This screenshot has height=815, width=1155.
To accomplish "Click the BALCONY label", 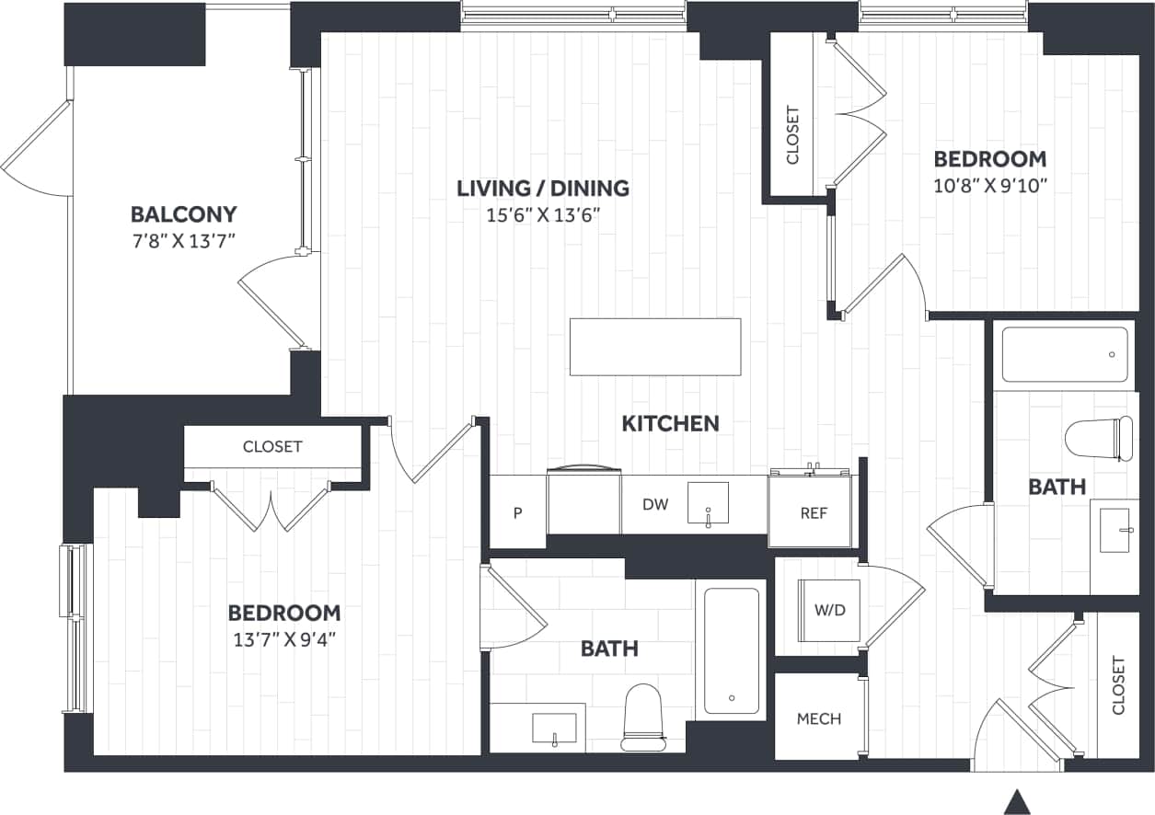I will point(184,214).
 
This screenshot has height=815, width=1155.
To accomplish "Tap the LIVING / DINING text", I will point(543,189).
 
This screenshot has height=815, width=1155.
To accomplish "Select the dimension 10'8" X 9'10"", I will point(990,185).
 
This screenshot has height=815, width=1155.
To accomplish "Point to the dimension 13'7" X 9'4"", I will point(284,639).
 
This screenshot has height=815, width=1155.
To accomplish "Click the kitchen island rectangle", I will point(655,347).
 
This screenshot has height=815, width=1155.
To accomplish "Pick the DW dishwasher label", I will point(654,504).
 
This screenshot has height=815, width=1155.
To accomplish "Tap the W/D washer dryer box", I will point(828,611).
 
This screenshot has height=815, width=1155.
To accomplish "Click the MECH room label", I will point(818,718).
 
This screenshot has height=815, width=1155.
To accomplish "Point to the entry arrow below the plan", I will point(1016,801).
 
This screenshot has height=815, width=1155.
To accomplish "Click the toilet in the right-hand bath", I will point(1100,439).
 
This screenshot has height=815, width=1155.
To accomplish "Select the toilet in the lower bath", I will point(643,717).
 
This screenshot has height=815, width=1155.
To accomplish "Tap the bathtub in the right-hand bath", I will point(1064,354).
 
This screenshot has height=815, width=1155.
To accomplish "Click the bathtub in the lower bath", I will point(732,650).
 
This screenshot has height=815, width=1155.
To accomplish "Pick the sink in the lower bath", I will point(554,728).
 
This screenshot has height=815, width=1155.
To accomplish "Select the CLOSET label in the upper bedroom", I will point(793,136).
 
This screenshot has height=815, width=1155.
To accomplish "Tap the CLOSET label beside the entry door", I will point(1118,685).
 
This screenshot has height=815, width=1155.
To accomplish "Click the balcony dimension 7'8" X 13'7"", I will point(184,243).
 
